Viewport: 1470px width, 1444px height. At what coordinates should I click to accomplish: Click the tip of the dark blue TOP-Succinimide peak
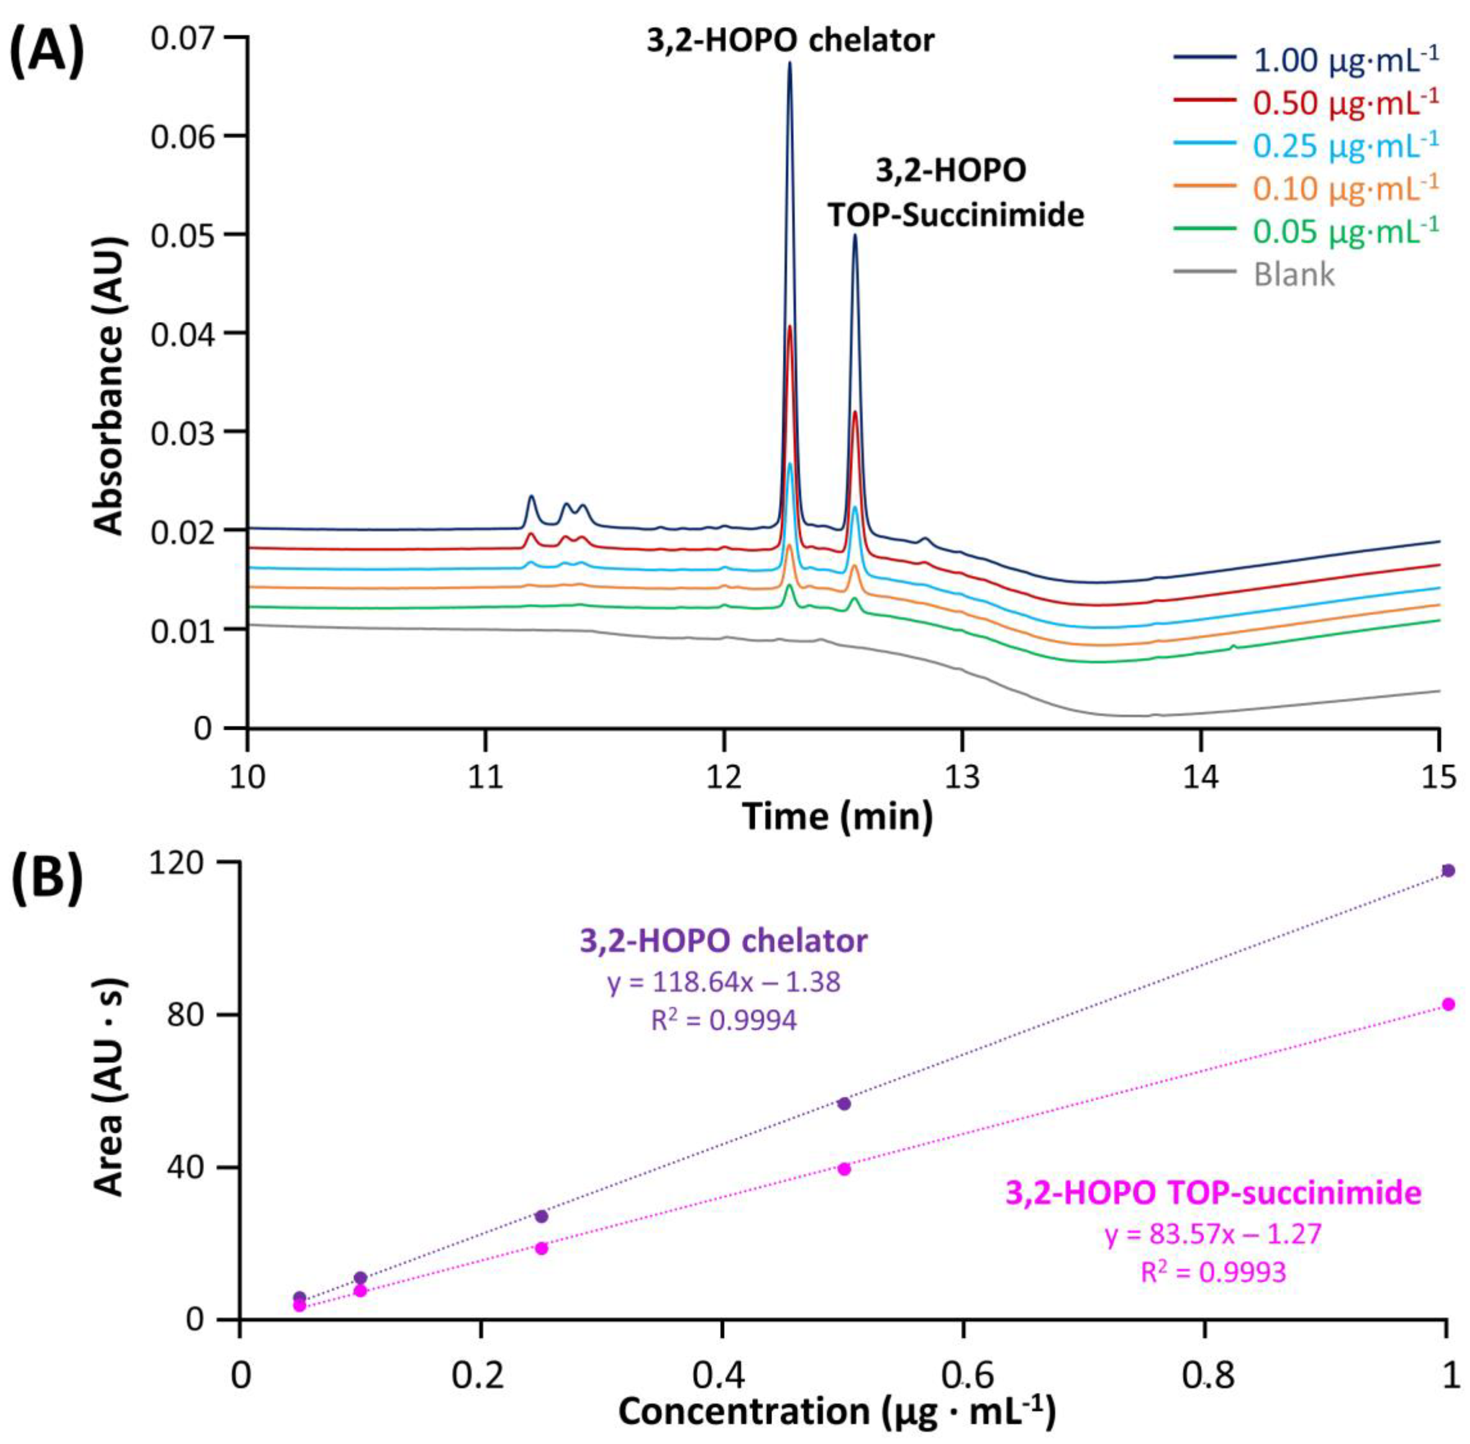[x=855, y=236]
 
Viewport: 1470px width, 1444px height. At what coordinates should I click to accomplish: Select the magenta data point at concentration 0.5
[x=843, y=1169]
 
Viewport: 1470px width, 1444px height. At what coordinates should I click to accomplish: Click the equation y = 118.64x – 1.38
[x=723, y=982]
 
